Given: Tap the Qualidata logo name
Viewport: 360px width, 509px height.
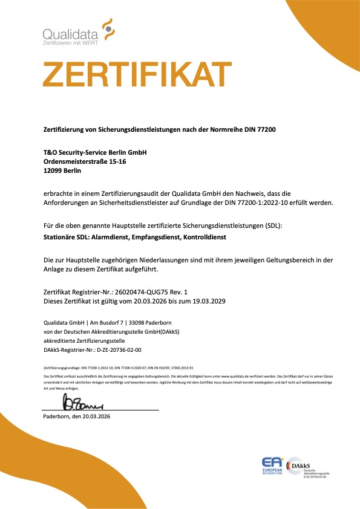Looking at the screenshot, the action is tap(71, 34).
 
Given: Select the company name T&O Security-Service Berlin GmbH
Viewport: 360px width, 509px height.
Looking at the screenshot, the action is tap(96, 154).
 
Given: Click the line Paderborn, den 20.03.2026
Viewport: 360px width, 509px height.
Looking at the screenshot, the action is tap(77, 400).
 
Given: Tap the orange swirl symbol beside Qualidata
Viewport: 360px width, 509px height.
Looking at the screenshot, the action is tap(108, 27).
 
